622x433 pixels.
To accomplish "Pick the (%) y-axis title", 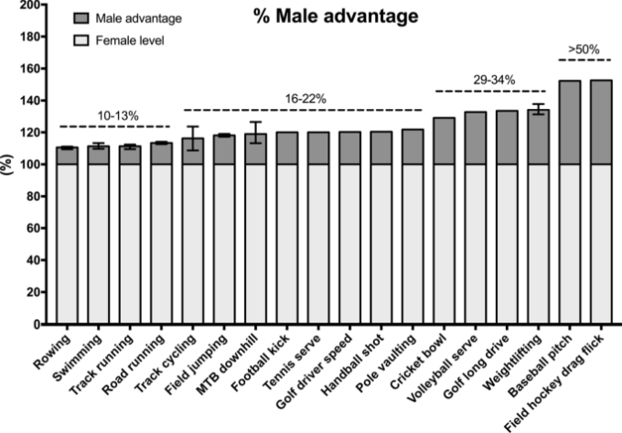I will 9,165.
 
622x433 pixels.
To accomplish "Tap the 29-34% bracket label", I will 488,80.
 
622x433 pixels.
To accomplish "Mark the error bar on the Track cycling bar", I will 193,137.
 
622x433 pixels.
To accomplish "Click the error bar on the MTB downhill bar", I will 255,133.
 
